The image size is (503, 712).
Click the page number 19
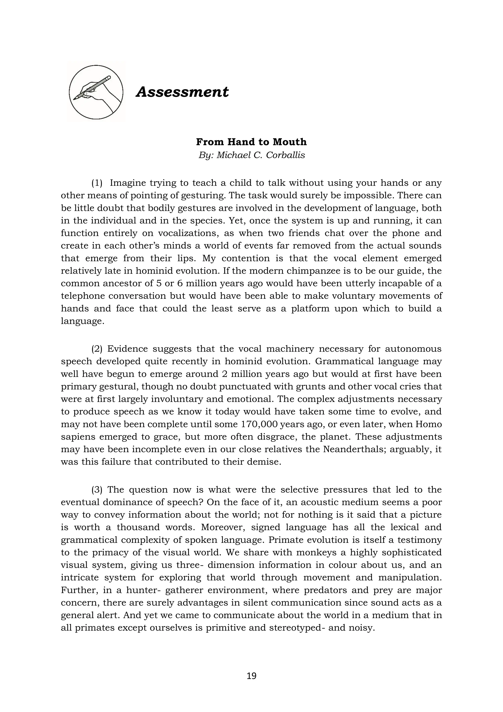(x=251, y=676)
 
